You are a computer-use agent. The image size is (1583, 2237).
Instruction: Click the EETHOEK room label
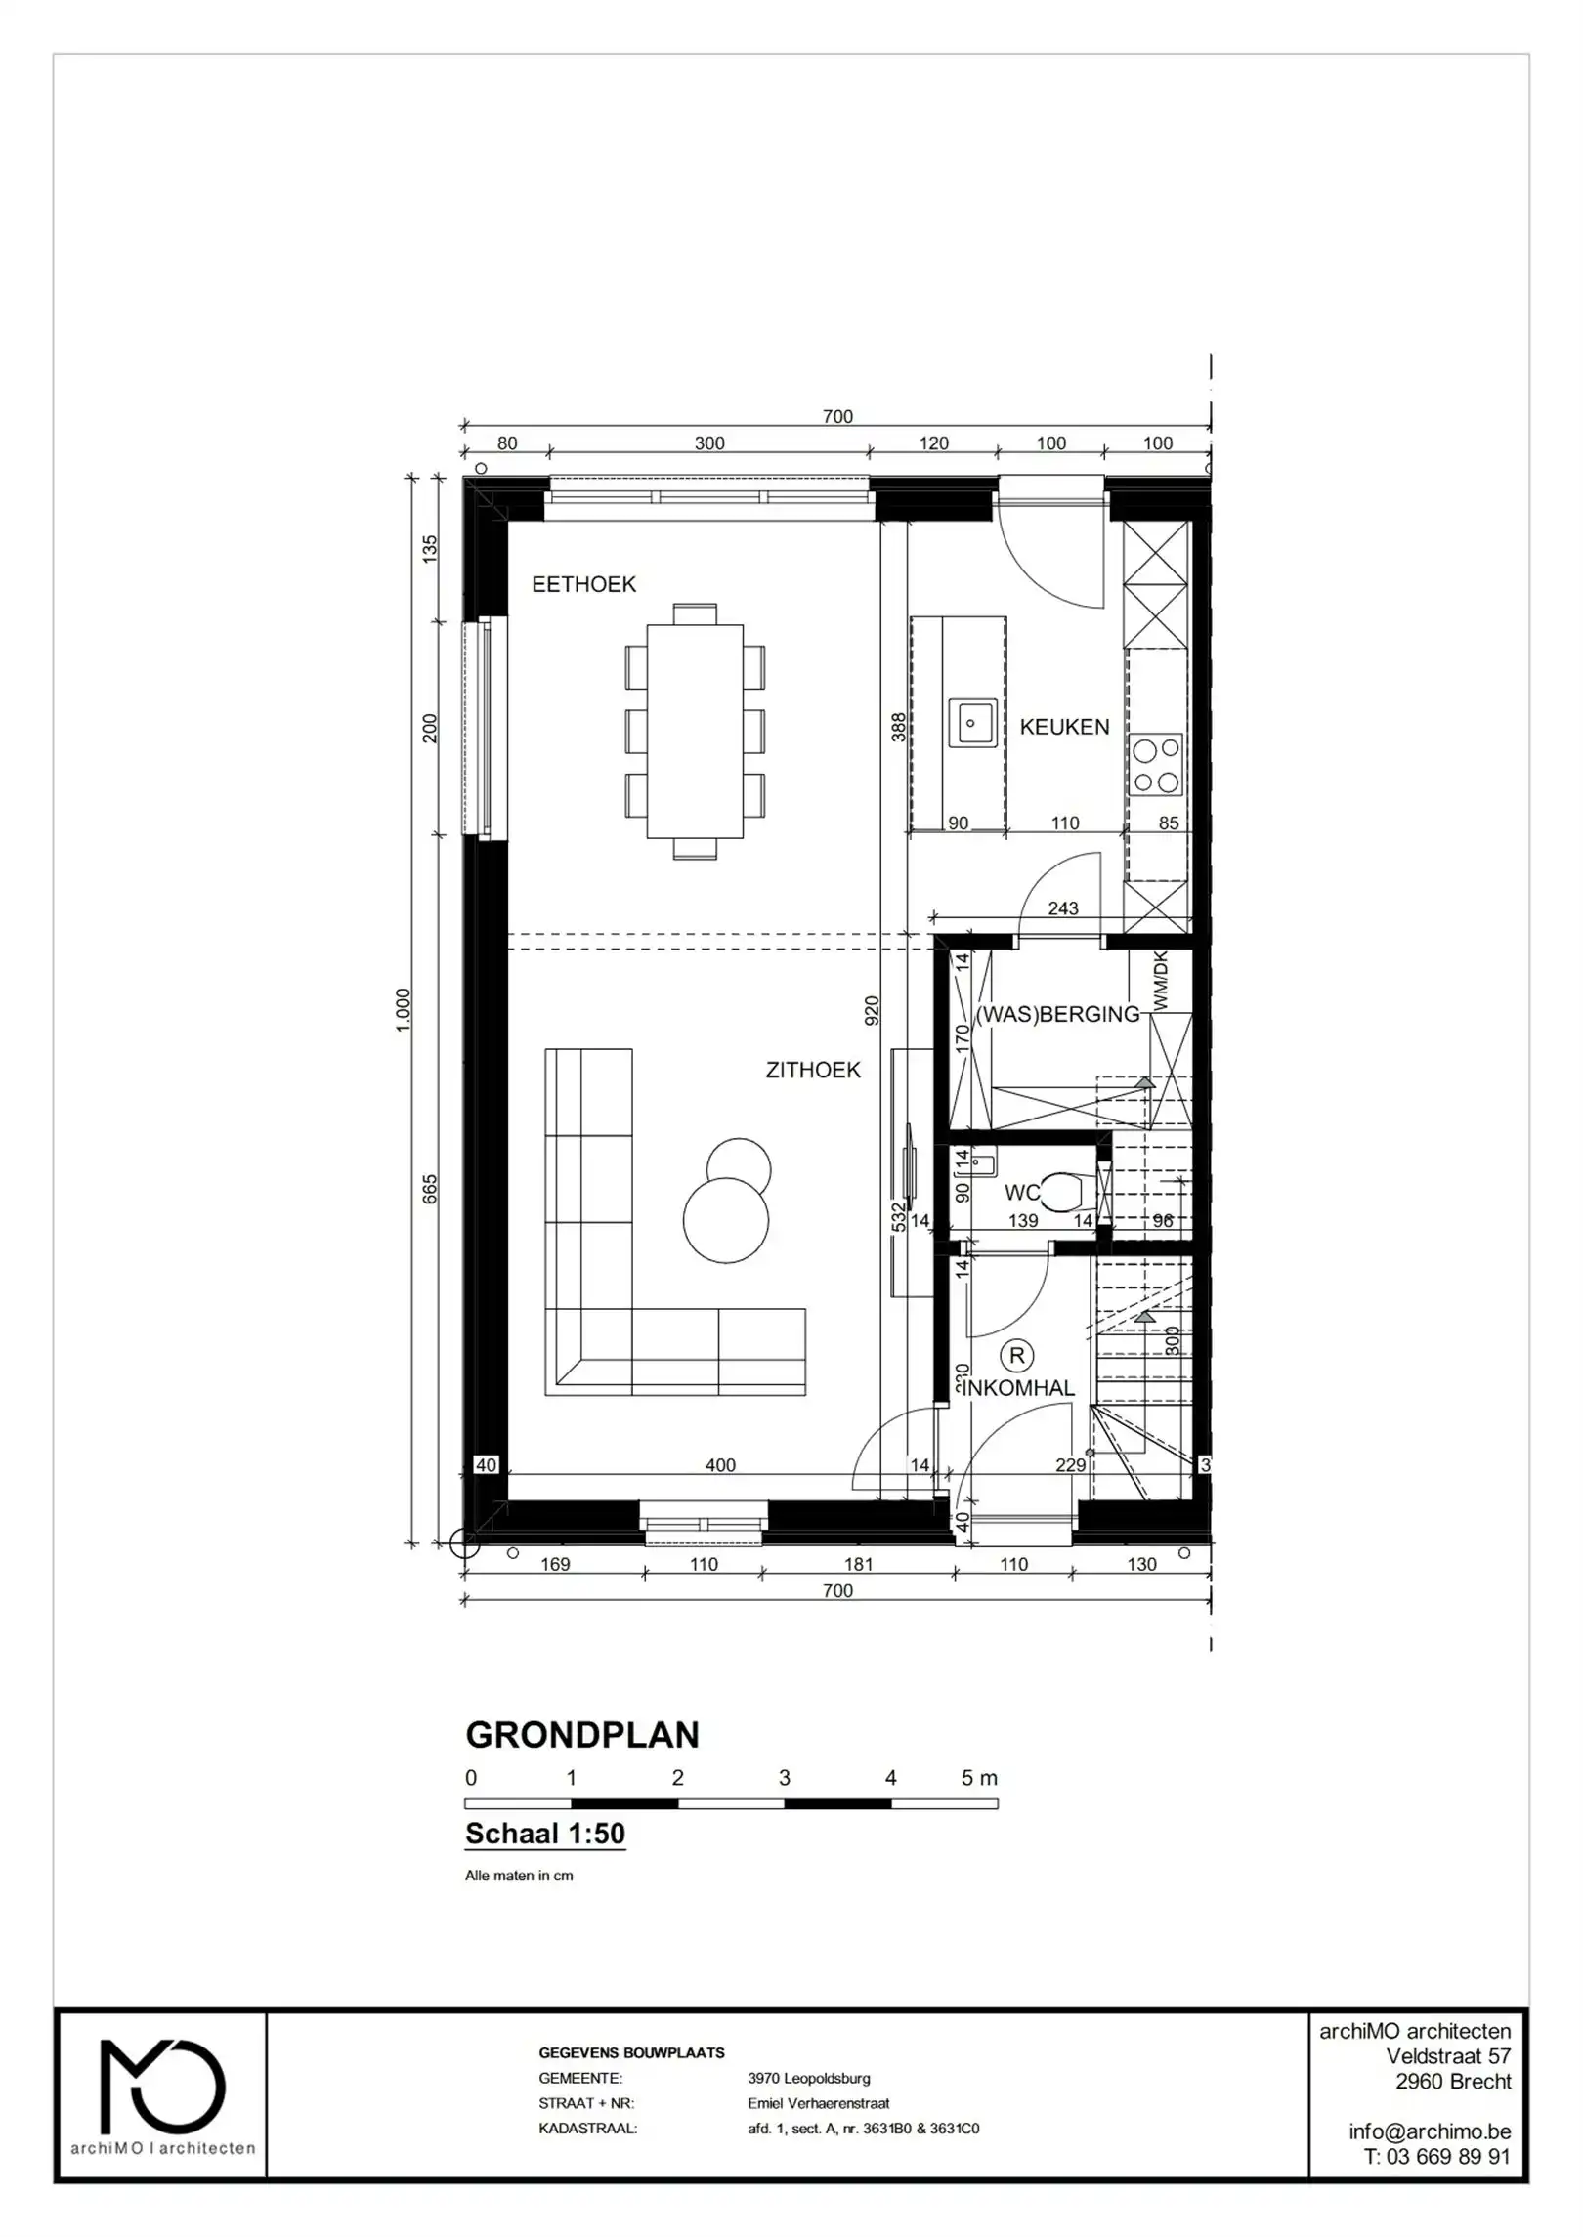coord(583,584)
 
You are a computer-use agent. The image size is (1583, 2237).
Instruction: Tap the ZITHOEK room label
coord(813,1070)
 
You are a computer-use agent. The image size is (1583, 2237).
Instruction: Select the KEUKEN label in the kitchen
coord(1064,727)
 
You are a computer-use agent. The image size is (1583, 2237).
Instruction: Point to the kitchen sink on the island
coord(972,724)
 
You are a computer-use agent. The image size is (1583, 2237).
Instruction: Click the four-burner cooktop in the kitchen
coord(1156,765)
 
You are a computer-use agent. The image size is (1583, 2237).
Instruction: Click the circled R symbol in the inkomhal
coord(1017,1355)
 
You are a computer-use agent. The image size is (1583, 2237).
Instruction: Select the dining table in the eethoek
coord(695,731)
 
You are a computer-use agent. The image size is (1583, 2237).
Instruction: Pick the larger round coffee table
coord(725,1220)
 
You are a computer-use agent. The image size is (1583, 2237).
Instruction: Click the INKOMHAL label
coord(1018,1388)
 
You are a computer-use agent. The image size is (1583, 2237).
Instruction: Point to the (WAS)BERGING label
coord(1058,1014)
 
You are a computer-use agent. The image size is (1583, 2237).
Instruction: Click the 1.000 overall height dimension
coord(404,1010)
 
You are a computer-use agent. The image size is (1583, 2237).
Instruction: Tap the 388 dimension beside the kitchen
coord(898,727)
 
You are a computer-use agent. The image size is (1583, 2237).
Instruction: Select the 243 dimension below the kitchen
coord(1063,908)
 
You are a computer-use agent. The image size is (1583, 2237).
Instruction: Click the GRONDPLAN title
coord(582,1735)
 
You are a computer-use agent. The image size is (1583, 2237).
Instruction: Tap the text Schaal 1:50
coord(545,1834)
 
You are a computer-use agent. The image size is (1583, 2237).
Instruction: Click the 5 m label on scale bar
coord(978,1778)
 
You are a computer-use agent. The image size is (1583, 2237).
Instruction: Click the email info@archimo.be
coord(1429,2131)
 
